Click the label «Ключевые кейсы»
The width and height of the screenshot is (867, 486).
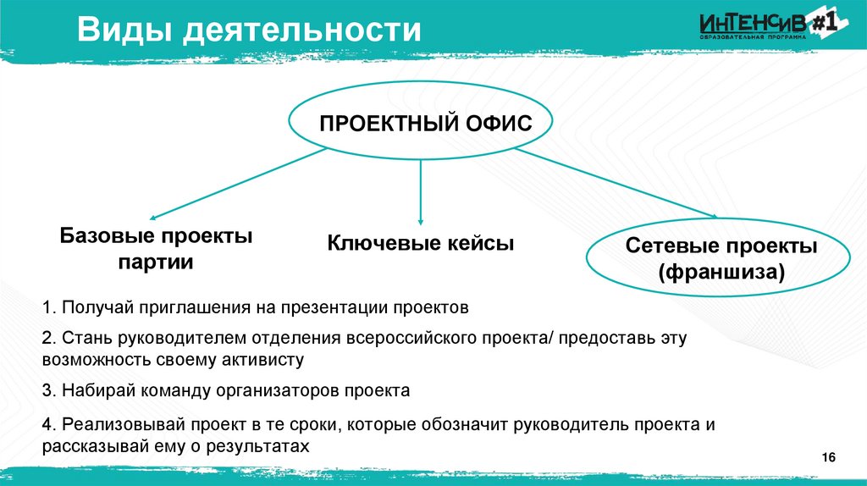(422, 244)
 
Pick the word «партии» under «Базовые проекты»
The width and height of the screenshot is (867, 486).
(155, 262)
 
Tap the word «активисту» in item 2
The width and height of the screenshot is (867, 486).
(261, 360)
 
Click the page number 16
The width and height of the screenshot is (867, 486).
(829, 458)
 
